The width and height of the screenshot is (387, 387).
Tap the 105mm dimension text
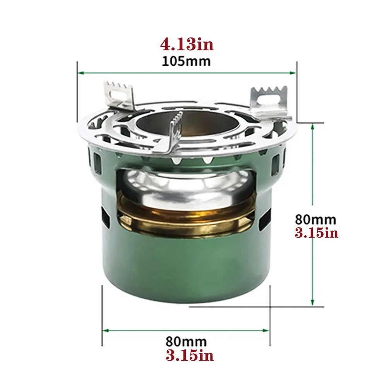pyautogui.click(x=187, y=61)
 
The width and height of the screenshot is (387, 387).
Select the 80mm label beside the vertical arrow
pyautogui.click(x=315, y=219)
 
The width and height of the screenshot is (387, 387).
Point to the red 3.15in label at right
pyautogui.click(x=316, y=233)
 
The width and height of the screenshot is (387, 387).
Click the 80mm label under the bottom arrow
pyautogui.click(x=186, y=342)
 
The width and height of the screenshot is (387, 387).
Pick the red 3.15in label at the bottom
pyautogui.click(x=190, y=355)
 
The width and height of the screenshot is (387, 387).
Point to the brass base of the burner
pyautogui.click(x=186, y=219)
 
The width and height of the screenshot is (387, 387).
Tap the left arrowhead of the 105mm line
pyautogui.click(x=80, y=72)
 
